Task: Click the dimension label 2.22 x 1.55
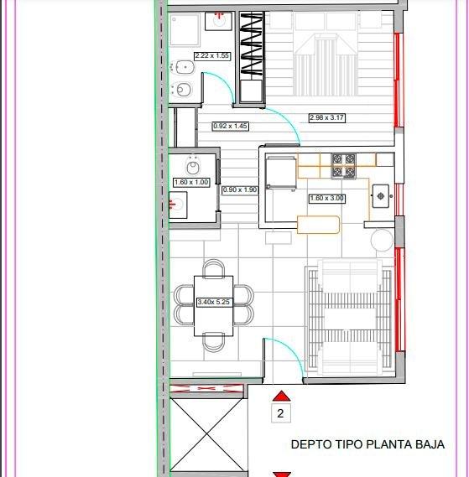(212, 56)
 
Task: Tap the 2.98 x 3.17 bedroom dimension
(327, 117)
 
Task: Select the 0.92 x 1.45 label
(230, 126)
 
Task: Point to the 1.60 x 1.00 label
(191, 183)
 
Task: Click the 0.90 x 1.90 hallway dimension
(240, 190)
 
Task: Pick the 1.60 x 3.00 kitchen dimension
(326, 199)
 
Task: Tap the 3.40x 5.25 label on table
(213, 303)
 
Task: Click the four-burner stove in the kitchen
(343, 166)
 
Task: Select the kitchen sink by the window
(380, 196)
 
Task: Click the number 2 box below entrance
(281, 413)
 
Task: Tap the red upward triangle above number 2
(281, 396)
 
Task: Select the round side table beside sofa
(382, 241)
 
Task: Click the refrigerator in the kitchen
(280, 173)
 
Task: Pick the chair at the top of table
(213, 268)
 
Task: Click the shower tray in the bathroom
(185, 29)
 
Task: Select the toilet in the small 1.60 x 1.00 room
(192, 166)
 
